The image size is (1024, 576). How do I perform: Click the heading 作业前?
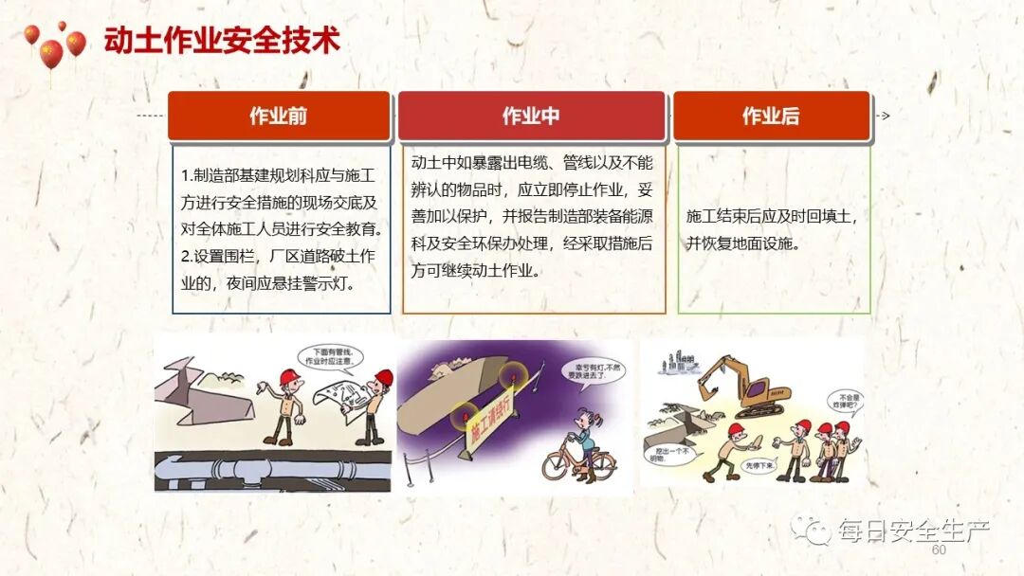[278, 117]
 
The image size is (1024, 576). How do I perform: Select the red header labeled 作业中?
[531, 117]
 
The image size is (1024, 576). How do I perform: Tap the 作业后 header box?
[770, 117]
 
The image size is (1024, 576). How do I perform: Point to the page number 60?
[939, 550]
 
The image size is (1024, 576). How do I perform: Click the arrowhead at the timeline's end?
[885, 116]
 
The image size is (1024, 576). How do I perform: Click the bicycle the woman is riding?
[579, 463]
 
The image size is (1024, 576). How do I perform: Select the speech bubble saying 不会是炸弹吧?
[844, 401]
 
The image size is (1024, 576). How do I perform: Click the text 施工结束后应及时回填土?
[772, 216]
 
